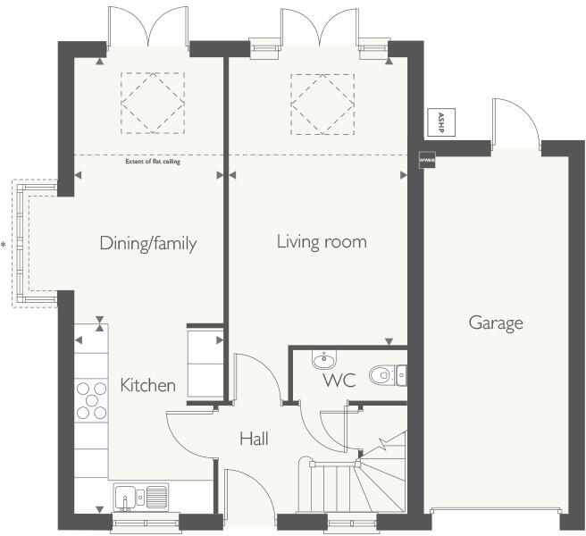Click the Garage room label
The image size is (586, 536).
[496, 323]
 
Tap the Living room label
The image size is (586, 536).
[322, 242]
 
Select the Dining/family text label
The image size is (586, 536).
[148, 243]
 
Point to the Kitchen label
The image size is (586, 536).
[148, 386]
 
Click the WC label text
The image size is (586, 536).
[339, 381]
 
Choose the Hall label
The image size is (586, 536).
[254, 439]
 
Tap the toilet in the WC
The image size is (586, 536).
[384, 375]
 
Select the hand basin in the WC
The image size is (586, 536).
[323, 361]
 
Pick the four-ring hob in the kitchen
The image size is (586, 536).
[91, 399]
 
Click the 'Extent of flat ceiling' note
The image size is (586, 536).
[148, 162]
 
